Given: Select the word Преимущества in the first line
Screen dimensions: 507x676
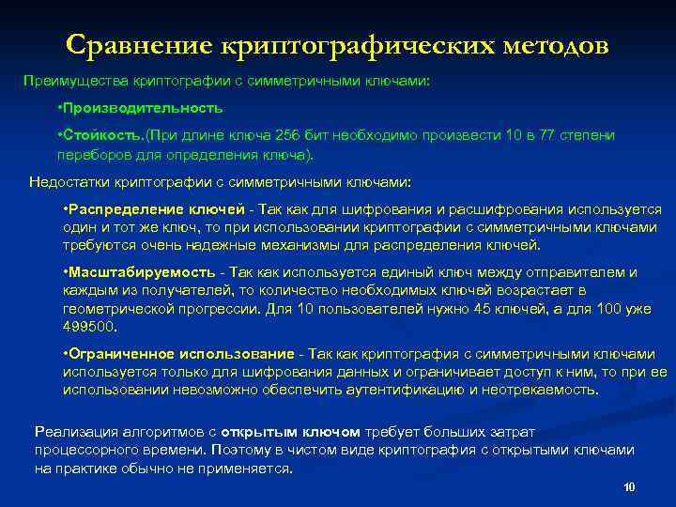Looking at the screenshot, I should (x=70, y=81).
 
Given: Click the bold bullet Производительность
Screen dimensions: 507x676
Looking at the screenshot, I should (x=143, y=108).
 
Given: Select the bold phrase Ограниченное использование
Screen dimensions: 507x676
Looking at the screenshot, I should (x=178, y=354).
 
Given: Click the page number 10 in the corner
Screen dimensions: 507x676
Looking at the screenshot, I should (x=629, y=487).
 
